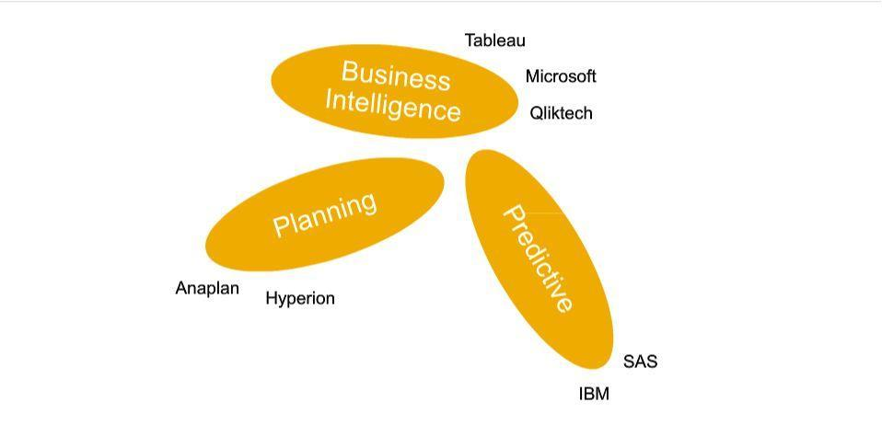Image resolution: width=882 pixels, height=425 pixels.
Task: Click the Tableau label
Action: tap(494, 40)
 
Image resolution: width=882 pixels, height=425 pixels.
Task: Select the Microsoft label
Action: tap(561, 76)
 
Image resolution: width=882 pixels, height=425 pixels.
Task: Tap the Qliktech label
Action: tap(561, 113)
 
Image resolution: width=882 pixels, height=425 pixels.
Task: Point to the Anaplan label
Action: tap(207, 288)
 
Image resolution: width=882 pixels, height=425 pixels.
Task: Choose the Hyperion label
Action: tap(300, 298)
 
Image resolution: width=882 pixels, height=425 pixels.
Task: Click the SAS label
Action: tap(640, 362)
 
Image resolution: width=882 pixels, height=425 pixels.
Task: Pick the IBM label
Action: tap(594, 394)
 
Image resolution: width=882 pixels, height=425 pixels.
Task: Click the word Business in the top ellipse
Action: tap(396, 75)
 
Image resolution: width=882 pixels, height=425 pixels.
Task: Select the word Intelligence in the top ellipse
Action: tap(392, 105)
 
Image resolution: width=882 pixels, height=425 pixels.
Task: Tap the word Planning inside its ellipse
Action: tap(325, 213)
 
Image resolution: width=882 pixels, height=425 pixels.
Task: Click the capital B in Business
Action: tap(350, 70)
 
